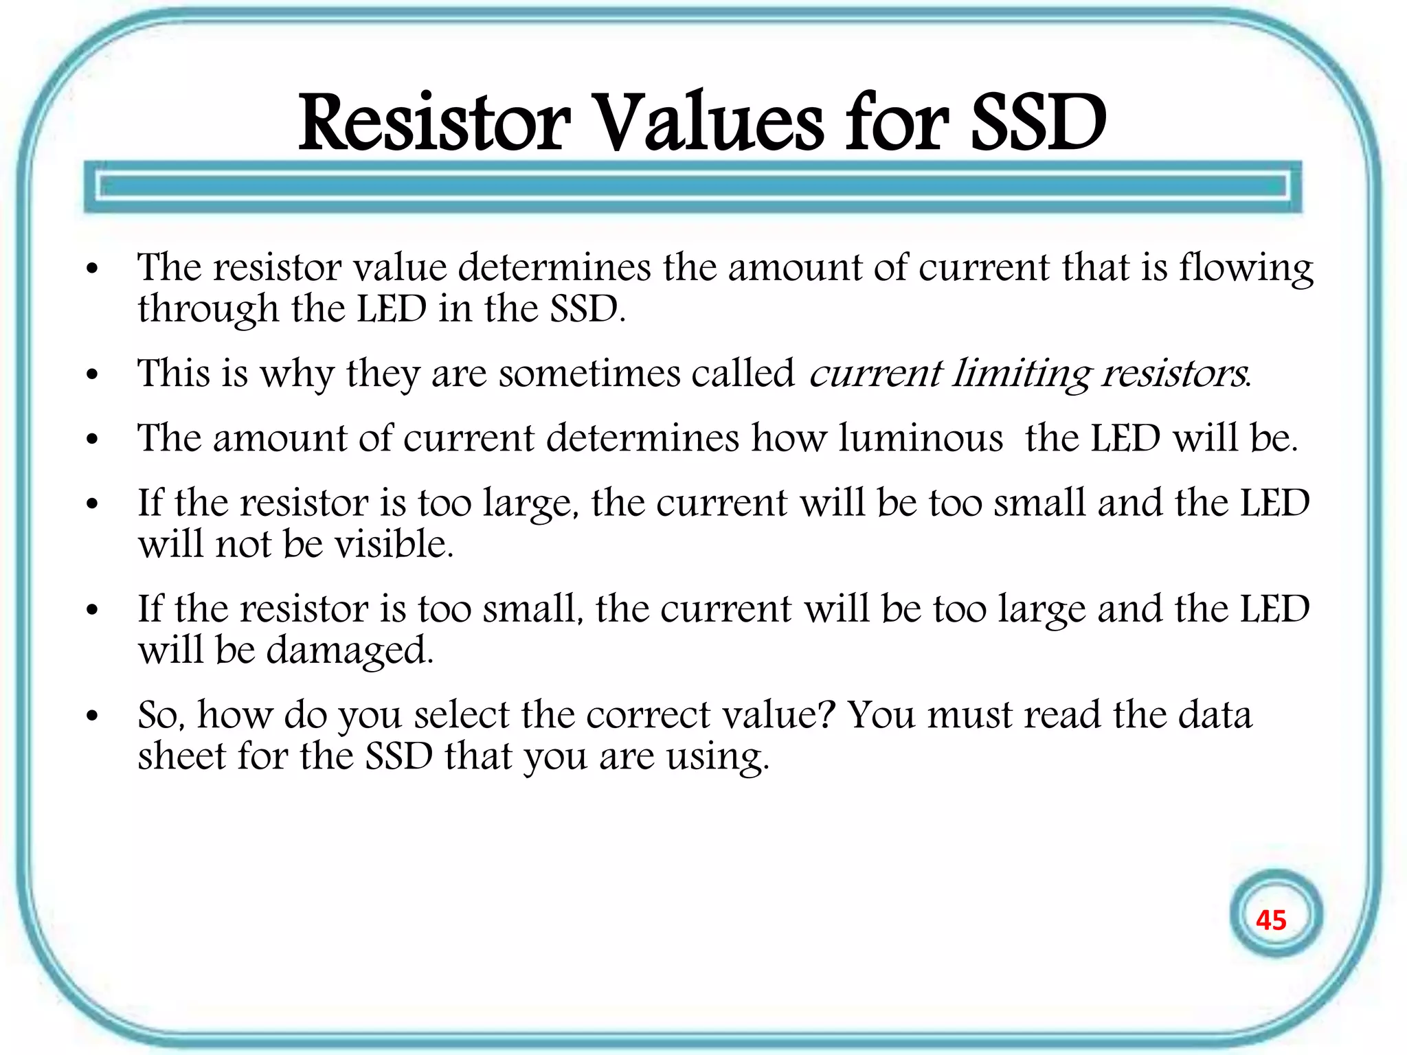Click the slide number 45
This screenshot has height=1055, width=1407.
coord(1270,920)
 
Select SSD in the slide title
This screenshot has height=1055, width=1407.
coord(1037,124)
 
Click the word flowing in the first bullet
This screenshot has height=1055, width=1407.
coord(1246,269)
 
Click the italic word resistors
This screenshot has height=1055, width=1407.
coord(1175,374)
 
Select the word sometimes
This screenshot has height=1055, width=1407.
coord(589,374)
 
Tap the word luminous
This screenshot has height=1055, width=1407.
coord(921,438)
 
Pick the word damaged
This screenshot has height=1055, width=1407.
coord(350,651)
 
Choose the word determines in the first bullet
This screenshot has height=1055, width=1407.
coord(554,268)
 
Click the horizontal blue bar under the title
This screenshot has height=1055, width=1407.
coord(693,186)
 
